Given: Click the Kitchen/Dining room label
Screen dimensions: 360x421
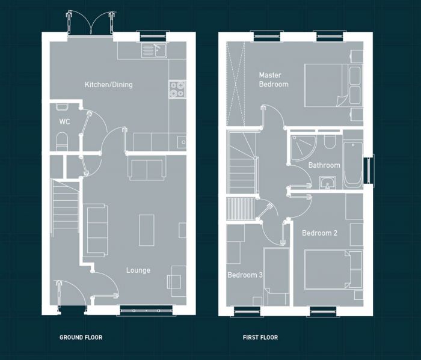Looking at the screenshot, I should [108, 85].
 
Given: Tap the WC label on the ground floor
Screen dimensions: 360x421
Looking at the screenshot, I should [64, 122].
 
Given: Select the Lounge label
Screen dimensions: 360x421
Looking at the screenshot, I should [138, 270].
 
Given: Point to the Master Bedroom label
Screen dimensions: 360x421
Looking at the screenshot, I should [274, 79].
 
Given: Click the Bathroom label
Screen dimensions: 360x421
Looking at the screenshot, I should [324, 165].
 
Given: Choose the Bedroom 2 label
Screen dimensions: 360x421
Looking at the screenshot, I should [319, 233].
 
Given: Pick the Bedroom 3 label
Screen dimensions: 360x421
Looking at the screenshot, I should [245, 275].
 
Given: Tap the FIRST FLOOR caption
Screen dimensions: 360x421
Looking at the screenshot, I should [260, 338].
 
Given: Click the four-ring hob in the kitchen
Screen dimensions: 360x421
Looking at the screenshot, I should [177, 89].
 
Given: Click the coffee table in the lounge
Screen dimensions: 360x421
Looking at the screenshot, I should [147, 230].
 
